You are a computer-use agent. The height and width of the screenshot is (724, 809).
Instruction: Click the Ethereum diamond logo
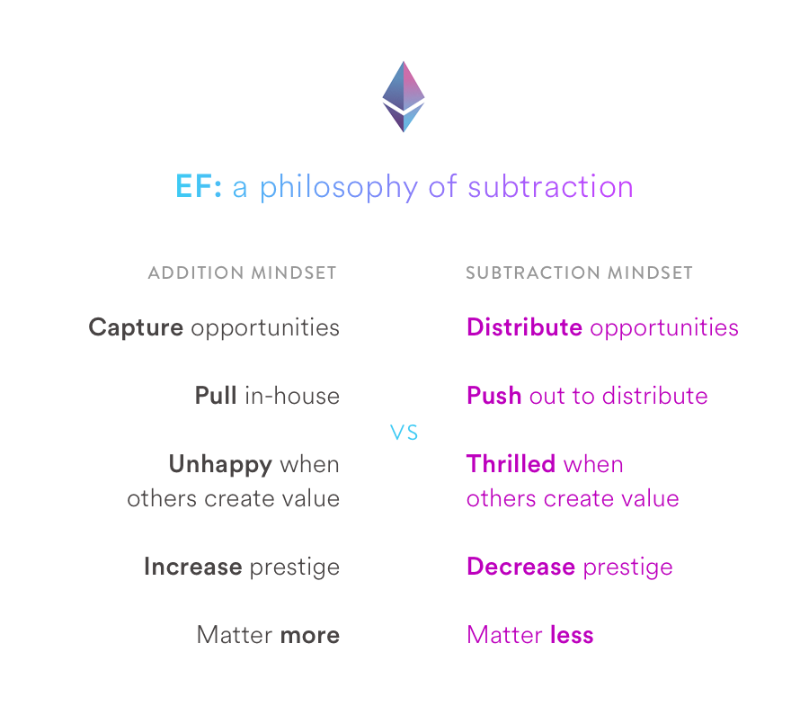[404, 96]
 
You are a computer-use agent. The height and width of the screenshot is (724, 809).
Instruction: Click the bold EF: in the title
[199, 186]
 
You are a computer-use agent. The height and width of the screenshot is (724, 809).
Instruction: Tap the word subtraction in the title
[550, 186]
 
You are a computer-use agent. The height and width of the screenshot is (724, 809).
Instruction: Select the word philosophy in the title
[339, 187]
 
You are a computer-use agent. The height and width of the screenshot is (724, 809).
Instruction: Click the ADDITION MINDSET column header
[242, 273]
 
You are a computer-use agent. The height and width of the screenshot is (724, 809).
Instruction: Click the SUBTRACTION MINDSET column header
[579, 273]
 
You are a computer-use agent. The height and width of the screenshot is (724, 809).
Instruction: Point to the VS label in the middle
[404, 433]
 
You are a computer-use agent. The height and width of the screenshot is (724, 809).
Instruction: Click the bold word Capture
[136, 328]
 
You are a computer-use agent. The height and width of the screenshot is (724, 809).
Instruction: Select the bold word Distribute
[524, 326]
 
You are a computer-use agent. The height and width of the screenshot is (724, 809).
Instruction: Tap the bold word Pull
[216, 396]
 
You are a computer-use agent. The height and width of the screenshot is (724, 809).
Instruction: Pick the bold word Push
[493, 396]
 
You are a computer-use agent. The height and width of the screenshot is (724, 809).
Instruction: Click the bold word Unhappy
[220, 465]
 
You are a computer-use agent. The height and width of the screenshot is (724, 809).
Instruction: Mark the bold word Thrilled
[511, 464]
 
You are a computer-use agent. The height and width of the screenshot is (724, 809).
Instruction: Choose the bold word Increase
[193, 567]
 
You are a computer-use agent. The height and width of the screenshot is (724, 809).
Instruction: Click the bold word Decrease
[520, 567]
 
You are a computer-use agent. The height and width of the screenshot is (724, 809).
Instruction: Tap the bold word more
[309, 636]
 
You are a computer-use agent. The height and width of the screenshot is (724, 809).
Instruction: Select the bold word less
[572, 635]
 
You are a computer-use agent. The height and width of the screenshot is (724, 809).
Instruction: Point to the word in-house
[292, 396]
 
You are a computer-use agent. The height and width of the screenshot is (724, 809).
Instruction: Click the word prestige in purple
[628, 568]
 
